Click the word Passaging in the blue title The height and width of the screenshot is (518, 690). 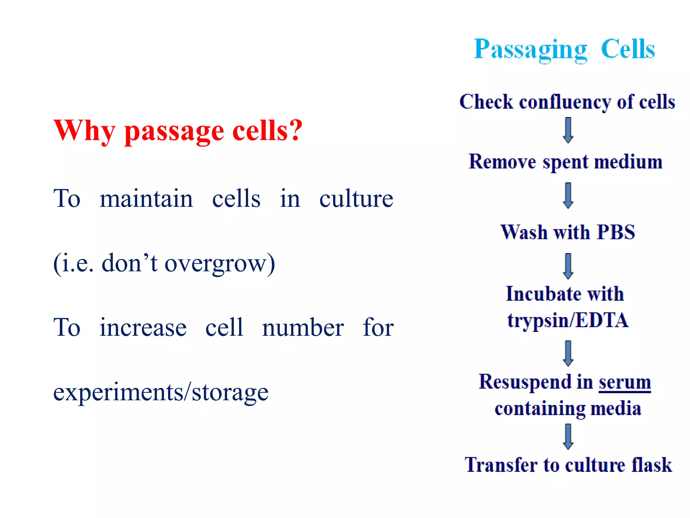point(531,50)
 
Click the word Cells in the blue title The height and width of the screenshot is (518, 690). point(628,49)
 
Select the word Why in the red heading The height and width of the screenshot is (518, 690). point(85,131)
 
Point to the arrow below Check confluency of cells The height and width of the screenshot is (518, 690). point(568,130)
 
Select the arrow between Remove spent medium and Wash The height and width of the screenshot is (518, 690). point(568,196)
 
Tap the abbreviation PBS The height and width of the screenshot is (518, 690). point(616,232)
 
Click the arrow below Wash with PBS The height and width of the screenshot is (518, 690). point(568,266)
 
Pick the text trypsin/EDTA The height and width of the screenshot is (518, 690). point(568,320)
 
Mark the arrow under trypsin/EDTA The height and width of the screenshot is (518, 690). point(568,353)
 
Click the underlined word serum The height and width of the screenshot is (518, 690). point(624,382)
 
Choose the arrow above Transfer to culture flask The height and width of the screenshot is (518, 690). point(568,436)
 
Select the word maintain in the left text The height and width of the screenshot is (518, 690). point(146,199)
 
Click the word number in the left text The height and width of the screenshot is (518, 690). point(303,328)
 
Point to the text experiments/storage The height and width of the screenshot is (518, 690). point(161,392)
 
